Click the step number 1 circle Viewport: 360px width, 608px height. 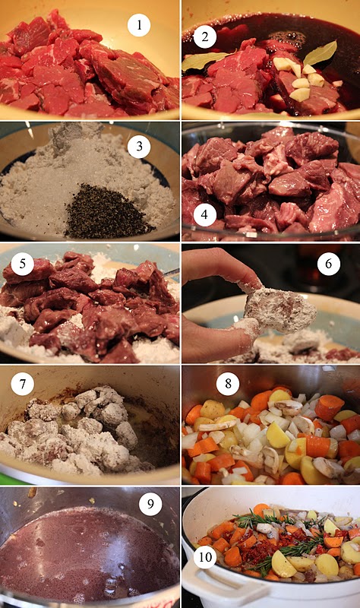point(139,26)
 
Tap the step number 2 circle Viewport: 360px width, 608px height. point(204,36)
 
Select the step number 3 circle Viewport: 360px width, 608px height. point(139,147)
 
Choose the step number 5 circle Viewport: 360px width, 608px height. point(22,264)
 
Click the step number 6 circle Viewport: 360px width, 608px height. point(329,264)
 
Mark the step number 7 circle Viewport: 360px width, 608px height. point(22,384)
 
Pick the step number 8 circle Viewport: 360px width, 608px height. point(228,384)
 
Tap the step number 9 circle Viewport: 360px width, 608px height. point(150,504)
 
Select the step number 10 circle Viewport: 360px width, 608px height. point(204,557)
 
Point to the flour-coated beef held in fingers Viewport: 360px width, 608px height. point(279,311)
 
